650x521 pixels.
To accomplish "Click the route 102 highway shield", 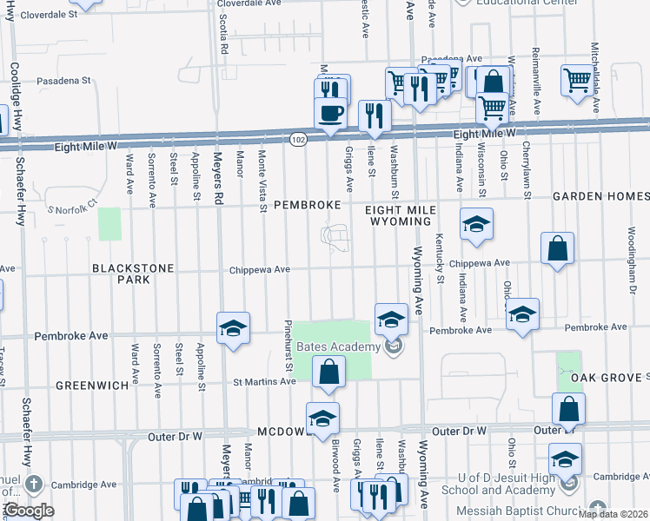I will (298, 139).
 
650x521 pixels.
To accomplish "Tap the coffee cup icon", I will (330, 114).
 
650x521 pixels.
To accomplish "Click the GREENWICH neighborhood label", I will (86, 384).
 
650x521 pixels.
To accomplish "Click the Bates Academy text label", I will (338, 346).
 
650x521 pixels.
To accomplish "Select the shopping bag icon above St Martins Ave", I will (330, 373).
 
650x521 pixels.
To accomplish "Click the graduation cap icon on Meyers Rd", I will (233, 328).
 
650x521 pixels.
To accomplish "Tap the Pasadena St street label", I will (63, 81).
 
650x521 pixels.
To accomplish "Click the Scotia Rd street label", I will (223, 37).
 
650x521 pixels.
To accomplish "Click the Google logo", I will (28, 511).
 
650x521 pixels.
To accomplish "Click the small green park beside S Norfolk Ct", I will (109, 224).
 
